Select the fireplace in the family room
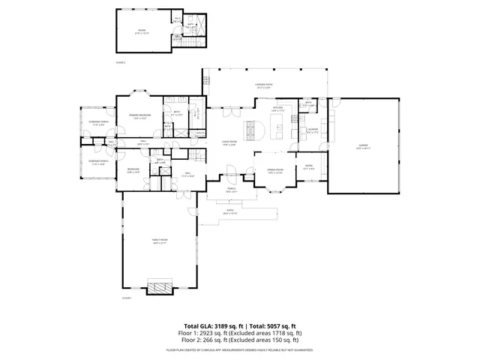159,287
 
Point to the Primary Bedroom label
140,116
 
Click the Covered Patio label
263,87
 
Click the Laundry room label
312,130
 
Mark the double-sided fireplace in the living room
256,130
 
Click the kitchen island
279,131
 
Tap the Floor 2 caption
121,61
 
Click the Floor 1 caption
127,298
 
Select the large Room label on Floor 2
142,32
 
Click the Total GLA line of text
240,327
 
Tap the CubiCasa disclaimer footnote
240,349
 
